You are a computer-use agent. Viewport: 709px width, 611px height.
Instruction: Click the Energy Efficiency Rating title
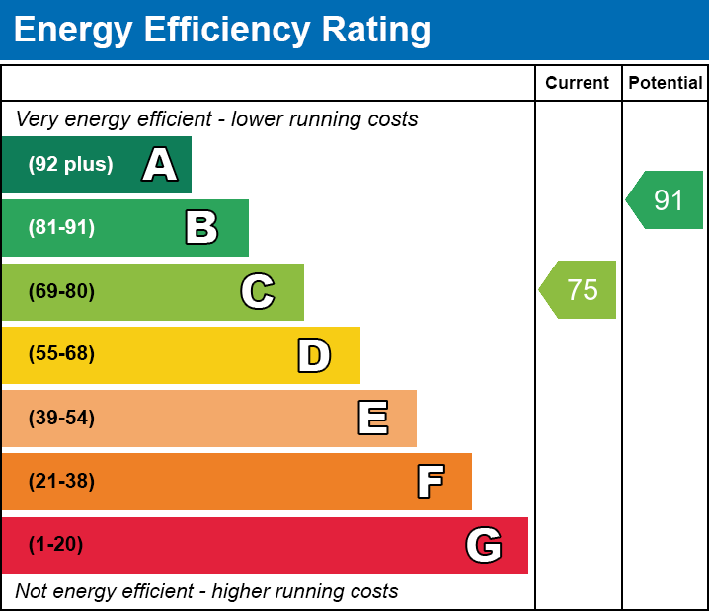pyautogui.click(x=222, y=30)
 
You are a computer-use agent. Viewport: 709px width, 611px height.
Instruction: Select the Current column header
pyautogui.click(x=578, y=84)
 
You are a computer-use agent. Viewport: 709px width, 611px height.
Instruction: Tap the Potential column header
pyautogui.click(x=666, y=84)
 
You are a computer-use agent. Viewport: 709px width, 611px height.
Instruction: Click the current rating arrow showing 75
pyautogui.click(x=580, y=290)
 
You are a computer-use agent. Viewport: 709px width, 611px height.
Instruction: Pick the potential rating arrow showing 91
pyautogui.click(x=667, y=200)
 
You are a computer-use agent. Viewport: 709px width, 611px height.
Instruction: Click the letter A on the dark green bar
pyautogui.click(x=160, y=165)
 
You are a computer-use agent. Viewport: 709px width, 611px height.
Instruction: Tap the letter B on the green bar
pyautogui.click(x=201, y=228)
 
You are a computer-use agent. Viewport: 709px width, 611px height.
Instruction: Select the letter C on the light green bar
pyautogui.click(x=258, y=291)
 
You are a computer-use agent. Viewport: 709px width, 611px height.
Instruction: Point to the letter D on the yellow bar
pyautogui.click(x=314, y=355)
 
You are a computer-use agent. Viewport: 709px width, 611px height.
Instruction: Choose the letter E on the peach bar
pyautogui.click(x=372, y=419)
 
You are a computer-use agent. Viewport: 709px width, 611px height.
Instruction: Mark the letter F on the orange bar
pyautogui.click(x=430, y=482)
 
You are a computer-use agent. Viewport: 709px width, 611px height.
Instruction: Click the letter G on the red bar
pyautogui.click(x=484, y=545)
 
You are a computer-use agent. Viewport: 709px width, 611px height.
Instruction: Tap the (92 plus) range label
pyautogui.click(x=70, y=165)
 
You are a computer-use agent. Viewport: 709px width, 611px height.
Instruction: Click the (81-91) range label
pyautogui.click(x=61, y=228)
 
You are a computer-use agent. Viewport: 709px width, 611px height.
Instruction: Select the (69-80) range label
pyautogui.click(x=61, y=291)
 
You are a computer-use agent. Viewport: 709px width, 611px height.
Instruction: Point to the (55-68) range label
pyautogui.click(x=61, y=354)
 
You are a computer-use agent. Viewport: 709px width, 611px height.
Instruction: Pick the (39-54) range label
pyautogui.click(x=61, y=419)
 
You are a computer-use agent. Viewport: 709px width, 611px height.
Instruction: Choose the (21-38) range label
pyautogui.click(x=61, y=482)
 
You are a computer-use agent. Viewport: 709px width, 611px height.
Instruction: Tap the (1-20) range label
pyautogui.click(x=56, y=545)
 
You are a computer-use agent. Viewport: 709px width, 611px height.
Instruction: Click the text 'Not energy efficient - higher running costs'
pyautogui.click(x=206, y=592)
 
